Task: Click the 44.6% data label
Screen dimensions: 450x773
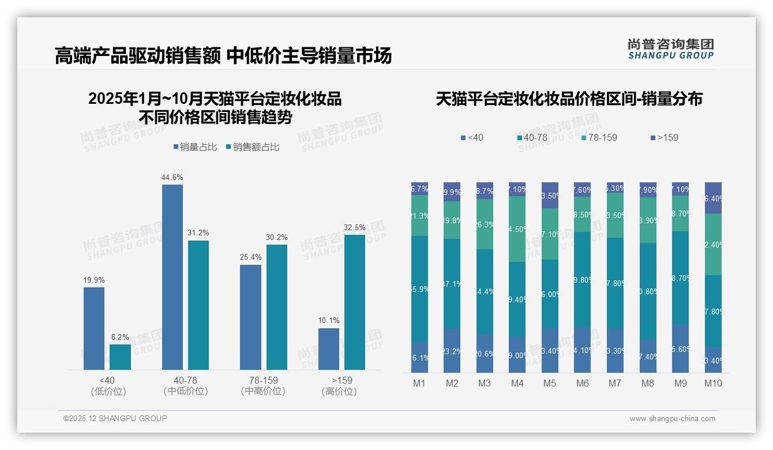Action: click(172, 177)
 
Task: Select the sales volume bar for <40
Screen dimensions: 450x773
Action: click(94, 328)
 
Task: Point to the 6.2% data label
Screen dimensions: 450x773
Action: click(120, 337)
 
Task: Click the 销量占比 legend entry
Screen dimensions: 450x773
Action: click(195, 147)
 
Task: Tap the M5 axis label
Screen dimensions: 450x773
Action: click(550, 384)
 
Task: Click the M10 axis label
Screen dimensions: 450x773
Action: click(713, 384)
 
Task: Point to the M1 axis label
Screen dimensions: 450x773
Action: click(419, 384)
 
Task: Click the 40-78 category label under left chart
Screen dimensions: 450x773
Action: click(185, 380)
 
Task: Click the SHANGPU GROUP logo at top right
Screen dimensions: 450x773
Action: click(670, 49)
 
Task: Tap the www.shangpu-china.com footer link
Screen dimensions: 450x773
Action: click(672, 419)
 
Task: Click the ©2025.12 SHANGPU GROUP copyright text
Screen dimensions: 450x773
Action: click(115, 418)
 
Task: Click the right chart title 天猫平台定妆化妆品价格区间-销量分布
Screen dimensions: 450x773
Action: click(569, 99)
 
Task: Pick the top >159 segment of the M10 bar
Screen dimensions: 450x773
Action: click(713, 198)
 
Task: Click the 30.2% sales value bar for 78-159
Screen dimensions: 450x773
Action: click(276, 307)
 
